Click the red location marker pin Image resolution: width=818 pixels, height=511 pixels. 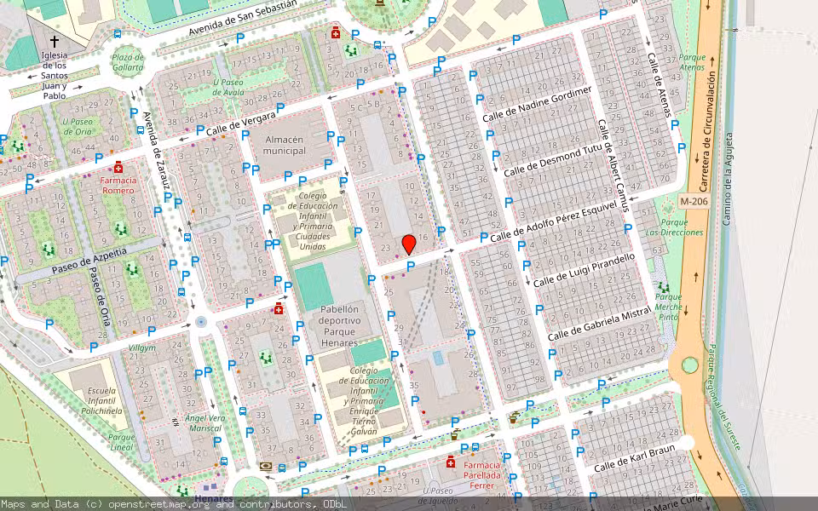[x=409, y=244]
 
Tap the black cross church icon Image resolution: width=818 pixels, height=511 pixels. [x=55, y=40]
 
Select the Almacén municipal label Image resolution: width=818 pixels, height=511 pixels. [x=285, y=146]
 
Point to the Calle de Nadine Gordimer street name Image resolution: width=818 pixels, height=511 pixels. [x=537, y=104]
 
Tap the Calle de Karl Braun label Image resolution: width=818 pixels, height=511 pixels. [x=633, y=458]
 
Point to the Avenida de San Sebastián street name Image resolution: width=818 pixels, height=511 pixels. [x=243, y=19]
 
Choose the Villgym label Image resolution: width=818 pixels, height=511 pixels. [x=141, y=348]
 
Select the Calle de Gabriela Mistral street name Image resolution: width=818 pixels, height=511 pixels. [x=599, y=324]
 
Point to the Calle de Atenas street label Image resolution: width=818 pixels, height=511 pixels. [x=660, y=85]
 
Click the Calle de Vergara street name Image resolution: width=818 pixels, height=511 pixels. [x=241, y=124]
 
